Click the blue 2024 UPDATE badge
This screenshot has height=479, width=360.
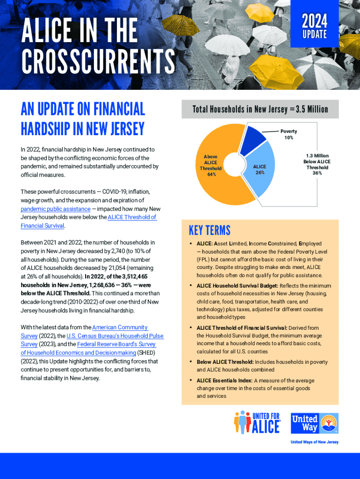[x=314, y=26]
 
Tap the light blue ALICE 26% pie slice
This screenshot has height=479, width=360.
[x=260, y=170]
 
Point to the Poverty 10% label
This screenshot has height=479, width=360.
[x=288, y=134]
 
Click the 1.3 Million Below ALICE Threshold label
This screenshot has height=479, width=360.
[x=317, y=164]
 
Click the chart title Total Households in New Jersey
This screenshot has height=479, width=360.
[x=260, y=109]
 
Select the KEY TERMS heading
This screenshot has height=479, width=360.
[x=209, y=231]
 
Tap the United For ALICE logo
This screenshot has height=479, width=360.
[x=257, y=422]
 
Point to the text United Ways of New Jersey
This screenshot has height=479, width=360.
[x=314, y=442]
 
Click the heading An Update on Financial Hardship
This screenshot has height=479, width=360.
[x=83, y=118]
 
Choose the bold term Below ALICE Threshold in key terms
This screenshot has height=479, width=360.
[x=225, y=362]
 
